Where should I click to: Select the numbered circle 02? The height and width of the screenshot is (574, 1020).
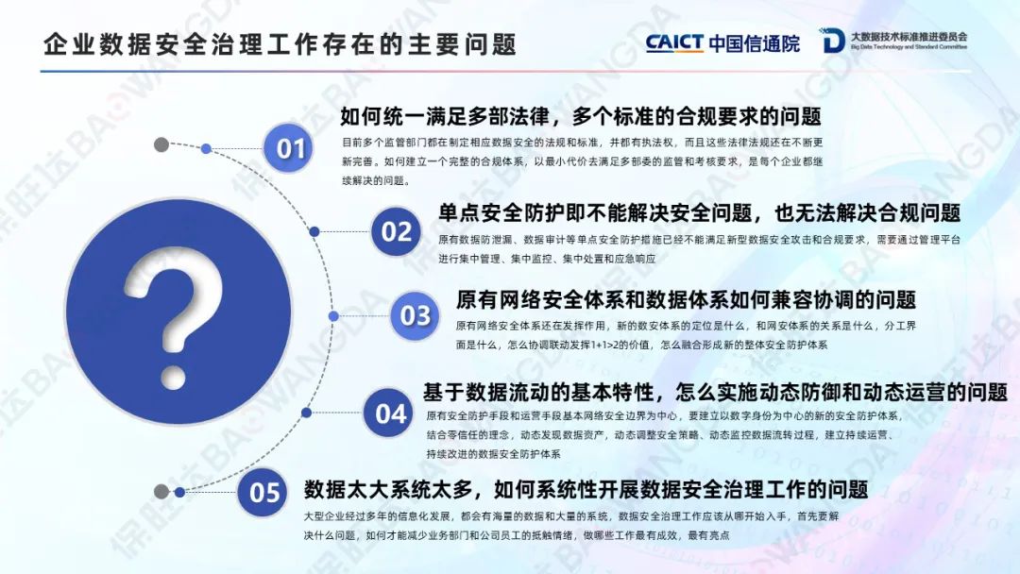(396, 231)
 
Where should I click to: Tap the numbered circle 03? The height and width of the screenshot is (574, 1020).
(415, 316)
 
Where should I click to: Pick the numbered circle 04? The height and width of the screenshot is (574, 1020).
(390, 413)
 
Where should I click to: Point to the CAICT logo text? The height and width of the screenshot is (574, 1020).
(674, 42)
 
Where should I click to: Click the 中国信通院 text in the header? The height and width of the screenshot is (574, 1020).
(755, 43)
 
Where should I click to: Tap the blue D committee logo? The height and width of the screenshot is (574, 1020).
(832, 41)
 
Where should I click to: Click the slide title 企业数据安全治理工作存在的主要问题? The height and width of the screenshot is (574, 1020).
(280, 44)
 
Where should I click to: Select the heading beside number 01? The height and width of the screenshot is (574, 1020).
(581, 116)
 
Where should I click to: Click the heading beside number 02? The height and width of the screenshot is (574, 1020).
(699, 212)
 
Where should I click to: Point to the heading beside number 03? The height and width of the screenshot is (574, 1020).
(686, 299)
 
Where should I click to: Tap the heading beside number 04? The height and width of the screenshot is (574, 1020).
(716, 392)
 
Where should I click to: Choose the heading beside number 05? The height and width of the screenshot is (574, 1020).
(586, 489)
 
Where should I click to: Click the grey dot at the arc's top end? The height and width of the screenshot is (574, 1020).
(161, 144)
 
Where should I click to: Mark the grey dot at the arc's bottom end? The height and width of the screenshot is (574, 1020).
(161, 492)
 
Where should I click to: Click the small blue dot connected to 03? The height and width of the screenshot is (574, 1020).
(333, 316)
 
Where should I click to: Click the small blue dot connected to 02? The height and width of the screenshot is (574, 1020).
(314, 231)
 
